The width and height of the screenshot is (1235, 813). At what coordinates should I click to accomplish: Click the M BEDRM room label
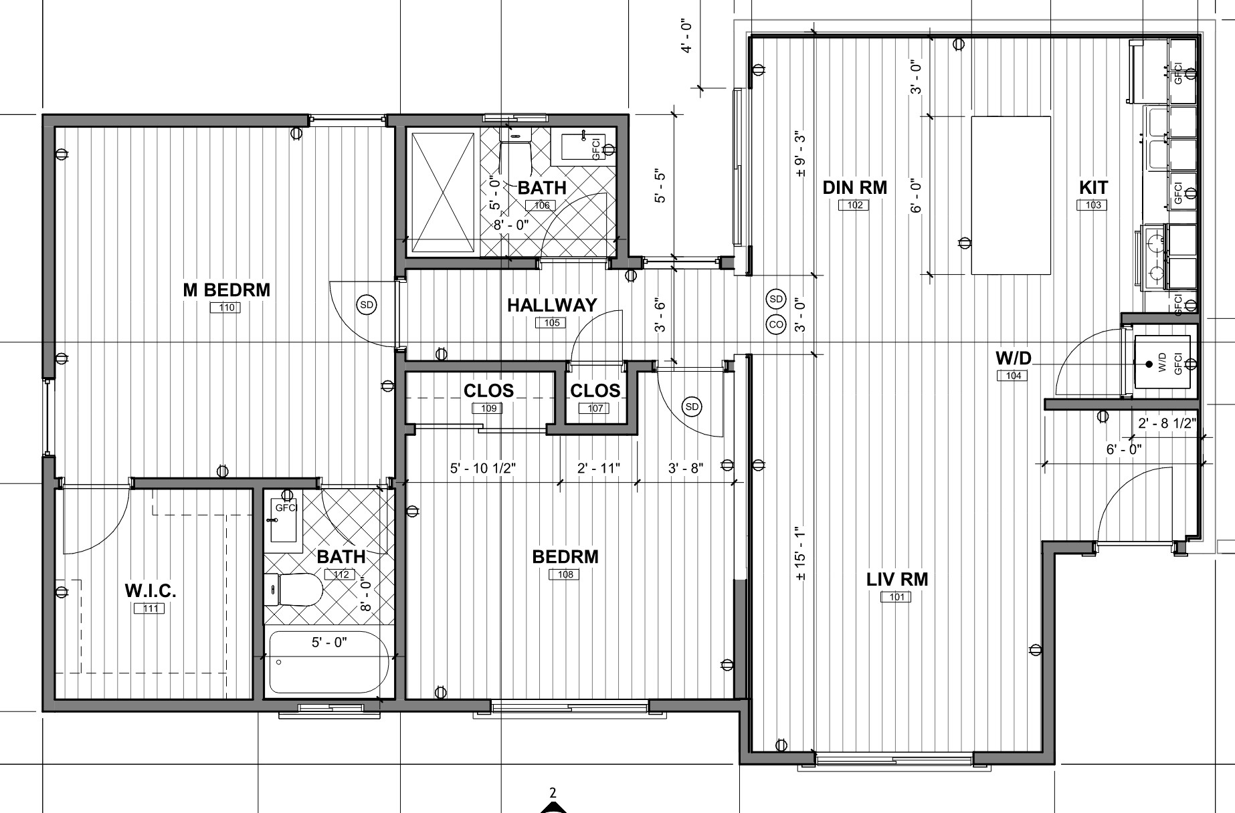click(x=227, y=290)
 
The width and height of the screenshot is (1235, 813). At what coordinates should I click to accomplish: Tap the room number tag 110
click(x=227, y=308)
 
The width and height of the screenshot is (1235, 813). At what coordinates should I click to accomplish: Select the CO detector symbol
click(x=776, y=325)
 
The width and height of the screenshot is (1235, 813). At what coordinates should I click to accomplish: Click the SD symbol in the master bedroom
click(x=367, y=305)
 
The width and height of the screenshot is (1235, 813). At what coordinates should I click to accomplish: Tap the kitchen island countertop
click(x=1010, y=195)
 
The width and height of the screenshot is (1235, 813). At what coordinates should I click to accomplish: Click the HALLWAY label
click(x=552, y=306)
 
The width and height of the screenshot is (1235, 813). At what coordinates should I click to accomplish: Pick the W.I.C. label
click(x=151, y=591)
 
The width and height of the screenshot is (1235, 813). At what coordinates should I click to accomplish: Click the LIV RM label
click(x=897, y=579)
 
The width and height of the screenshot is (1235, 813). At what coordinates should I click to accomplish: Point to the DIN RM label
click(x=855, y=188)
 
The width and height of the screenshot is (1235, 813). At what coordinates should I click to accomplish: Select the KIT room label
click(x=1093, y=188)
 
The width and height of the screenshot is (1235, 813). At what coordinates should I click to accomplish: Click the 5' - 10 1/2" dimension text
click(x=483, y=469)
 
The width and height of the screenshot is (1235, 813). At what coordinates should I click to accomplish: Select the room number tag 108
click(x=565, y=574)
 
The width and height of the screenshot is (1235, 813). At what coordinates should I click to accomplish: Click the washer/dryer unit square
click(x=1163, y=363)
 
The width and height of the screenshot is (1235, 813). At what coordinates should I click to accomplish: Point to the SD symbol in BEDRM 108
click(x=692, y=406)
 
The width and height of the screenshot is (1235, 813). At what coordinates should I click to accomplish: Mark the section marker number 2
click(x=553, y=794)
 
